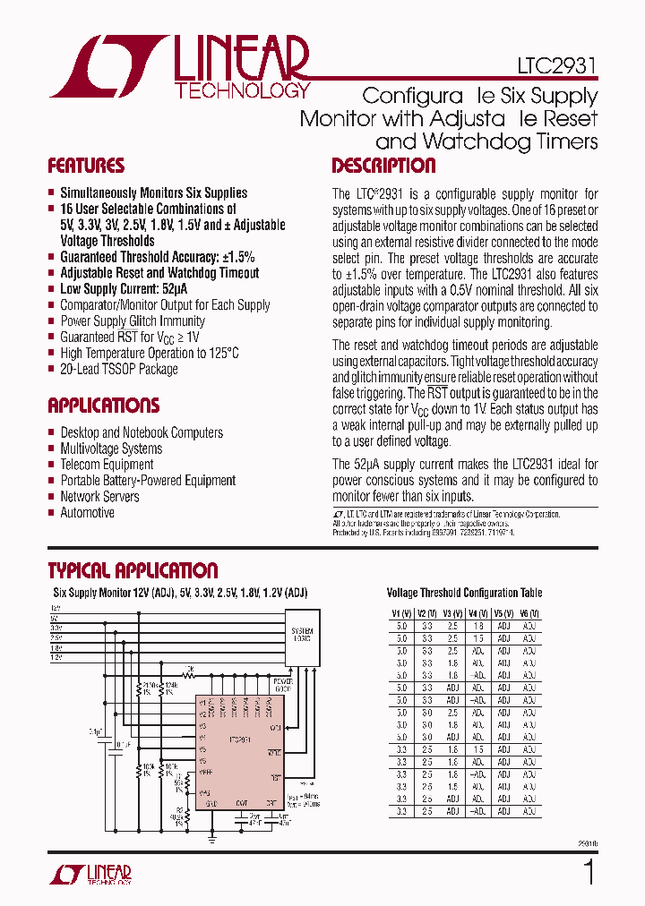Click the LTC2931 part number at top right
pos(556,66)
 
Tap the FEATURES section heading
pos(86,167)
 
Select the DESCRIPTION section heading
pos(383,167)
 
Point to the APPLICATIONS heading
pos(104,406)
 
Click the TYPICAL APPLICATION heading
pos(133,571)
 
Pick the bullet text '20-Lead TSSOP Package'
pos(118,370)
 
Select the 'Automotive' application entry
pos(87,513)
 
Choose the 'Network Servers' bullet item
pos(99,497)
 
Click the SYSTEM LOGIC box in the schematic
pos(302,637)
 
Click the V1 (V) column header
pos(400,613)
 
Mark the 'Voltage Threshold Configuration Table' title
pos(464,593)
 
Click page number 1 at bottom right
pos(589,872)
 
